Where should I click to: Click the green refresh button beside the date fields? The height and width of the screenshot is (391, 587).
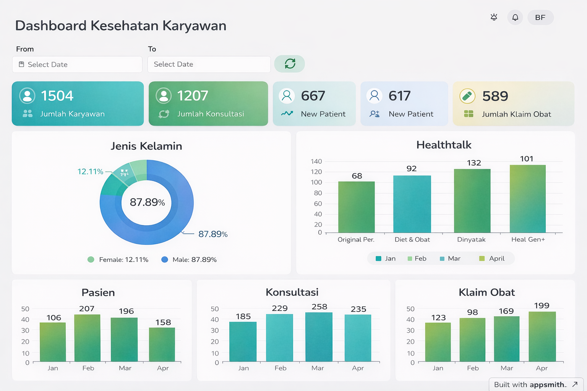(x=290, y=64)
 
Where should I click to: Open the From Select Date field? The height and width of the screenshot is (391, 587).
(x=77, y=65)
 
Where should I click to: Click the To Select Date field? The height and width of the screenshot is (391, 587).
(x=209, y=65)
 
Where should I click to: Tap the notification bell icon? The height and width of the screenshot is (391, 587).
(x=515, y=18)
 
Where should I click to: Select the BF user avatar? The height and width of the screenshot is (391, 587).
(x=540, y=18)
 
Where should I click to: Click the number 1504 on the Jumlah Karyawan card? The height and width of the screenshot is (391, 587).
(x=57, y=96)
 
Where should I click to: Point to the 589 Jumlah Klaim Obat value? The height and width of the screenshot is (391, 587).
(x=495, y=96)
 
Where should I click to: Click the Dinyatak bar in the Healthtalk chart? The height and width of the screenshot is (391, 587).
(x=472, y=201)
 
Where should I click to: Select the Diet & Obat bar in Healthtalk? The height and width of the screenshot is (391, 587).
(x=412, y=204)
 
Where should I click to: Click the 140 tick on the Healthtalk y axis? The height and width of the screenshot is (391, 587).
(x=316, y=162)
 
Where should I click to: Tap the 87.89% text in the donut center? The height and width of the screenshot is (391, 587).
(x=147, y=202)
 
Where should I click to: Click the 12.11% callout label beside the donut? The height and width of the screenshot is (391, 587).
(x=90, y=171)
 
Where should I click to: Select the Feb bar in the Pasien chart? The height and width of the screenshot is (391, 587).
(x=87, y=338)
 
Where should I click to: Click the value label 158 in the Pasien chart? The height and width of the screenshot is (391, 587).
(x=163, y=322)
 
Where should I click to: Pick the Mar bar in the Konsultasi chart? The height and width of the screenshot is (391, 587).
(x=319, y=337)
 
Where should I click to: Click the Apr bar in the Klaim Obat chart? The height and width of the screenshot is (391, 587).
(x=542, y=336)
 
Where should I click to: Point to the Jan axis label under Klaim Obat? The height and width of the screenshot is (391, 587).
(x=438, y=368)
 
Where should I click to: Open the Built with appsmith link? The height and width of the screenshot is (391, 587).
(x=535, y=385)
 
